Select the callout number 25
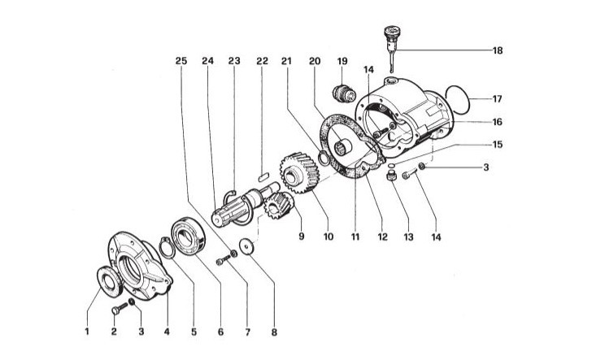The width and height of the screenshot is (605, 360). click(181, 60)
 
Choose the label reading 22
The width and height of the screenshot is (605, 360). click(262, 60)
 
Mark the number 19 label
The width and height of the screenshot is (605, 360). click(342, 60)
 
